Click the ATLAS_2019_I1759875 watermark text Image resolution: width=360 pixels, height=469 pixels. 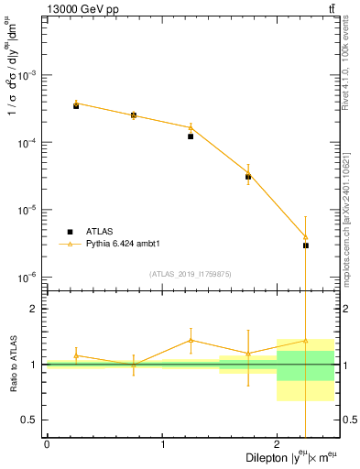pos(191,273)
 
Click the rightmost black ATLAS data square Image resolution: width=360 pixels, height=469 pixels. pos(306,245)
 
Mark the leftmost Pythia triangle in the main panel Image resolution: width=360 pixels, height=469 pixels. pos(76,104)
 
